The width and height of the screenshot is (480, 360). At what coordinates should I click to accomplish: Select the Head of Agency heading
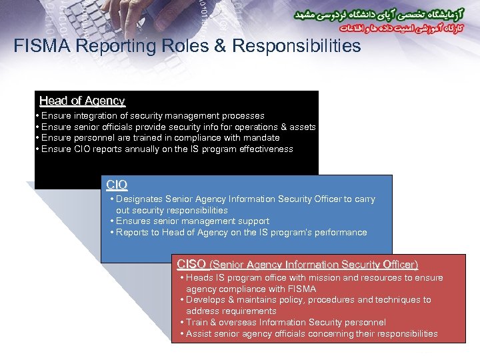coord(82,101)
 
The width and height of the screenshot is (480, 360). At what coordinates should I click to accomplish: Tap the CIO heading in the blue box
coord(117,185)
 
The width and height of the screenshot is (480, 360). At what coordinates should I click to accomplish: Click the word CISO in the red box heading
coord(191,264)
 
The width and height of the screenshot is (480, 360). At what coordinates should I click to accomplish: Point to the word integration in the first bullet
coord(97,116)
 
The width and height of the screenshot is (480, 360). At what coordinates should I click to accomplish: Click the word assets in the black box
coord(303,127)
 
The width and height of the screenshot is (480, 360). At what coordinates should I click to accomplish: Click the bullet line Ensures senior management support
coord(192,221)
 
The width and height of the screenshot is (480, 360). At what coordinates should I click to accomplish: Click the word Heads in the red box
coord(199,278)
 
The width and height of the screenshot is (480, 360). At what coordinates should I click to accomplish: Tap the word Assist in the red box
coord(199,334)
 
